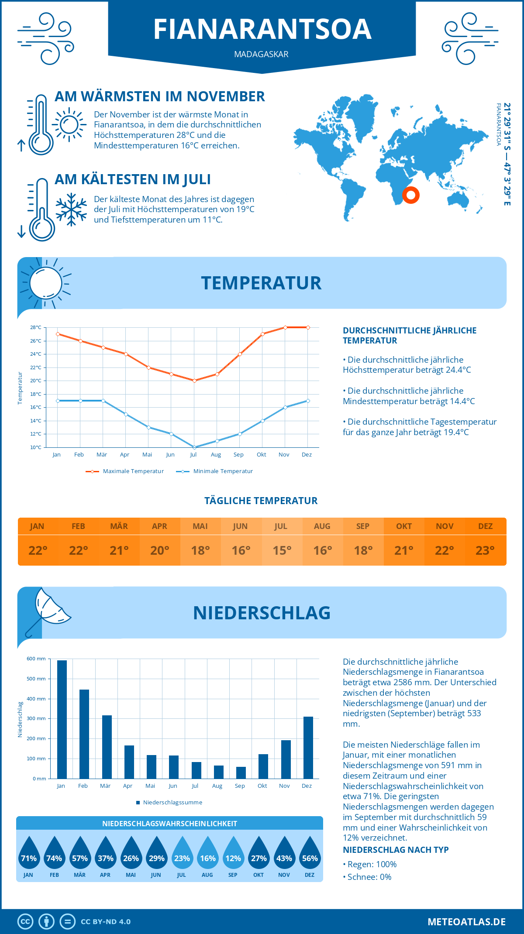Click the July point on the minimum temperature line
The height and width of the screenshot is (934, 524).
pos(194,447)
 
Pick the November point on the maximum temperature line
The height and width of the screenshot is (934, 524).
pos(285,327)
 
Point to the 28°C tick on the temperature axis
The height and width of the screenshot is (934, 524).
pos(36,327)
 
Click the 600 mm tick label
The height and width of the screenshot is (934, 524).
pos(36,659)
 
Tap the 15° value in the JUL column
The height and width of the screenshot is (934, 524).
pos(282,550)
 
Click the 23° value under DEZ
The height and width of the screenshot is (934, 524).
pos(485,550)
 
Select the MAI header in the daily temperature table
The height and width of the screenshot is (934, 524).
pos(200,526)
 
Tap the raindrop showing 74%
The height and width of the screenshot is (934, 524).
pos(54,855)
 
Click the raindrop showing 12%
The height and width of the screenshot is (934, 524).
pos(233,855)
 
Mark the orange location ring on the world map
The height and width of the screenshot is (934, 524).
pos(410,195)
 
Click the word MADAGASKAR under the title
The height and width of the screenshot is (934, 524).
pos(261,54)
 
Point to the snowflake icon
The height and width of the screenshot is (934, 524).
pos(71,209)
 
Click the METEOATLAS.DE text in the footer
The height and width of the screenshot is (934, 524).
pos(466,922)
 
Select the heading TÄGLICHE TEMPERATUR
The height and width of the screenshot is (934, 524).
pos(261,501)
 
